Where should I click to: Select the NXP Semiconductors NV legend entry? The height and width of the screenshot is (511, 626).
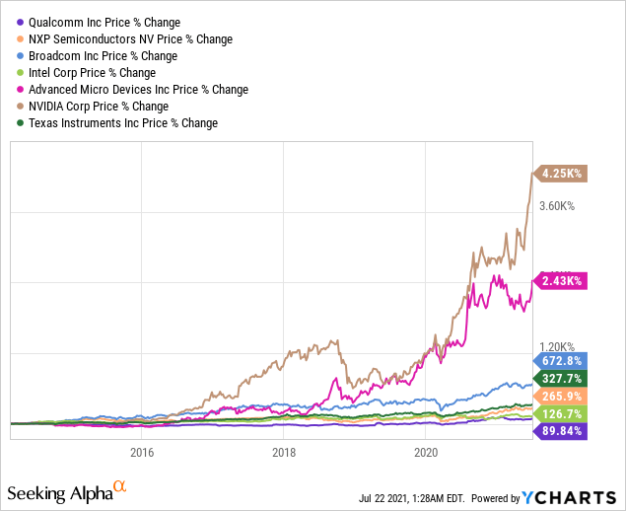coord(125,38)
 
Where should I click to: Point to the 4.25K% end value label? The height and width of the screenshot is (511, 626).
coord(562,174)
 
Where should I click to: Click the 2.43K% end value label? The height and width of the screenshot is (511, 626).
coord(562,281)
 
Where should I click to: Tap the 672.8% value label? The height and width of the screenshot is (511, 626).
coord(562,361)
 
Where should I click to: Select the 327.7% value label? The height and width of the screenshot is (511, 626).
coord(562,378)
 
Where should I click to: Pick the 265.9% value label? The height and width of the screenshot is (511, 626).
coord(562,396)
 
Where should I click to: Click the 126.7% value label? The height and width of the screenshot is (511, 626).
coord(562,413)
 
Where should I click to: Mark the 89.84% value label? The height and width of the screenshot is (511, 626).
coord(562,431)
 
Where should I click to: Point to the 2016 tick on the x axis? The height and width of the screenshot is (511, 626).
coord(142,453)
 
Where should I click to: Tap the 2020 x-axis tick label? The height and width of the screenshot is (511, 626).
coord(426,453)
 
